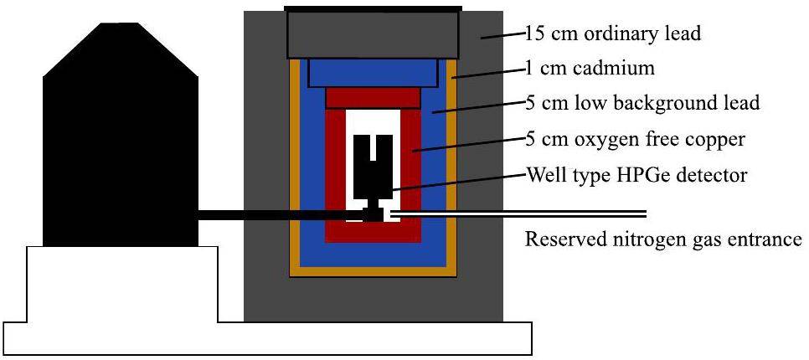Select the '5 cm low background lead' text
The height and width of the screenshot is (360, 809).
(x=642, y=104)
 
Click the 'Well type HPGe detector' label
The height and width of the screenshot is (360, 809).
(x=634, y=177)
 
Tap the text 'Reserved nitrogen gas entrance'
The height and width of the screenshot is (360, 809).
(x=663, y=240)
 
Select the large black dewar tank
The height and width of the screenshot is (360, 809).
(x=121, y=142)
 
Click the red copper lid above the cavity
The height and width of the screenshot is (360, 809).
(x=373, y=98)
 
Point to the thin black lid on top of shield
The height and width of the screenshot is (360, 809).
(x=373, y=9)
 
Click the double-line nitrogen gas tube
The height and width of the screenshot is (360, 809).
(x=544, y=212)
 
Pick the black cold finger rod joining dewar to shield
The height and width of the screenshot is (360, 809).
(x=268, y=216)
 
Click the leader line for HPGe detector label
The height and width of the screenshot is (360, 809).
(x=456, y=184)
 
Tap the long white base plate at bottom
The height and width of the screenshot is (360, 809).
(x=268, y=339)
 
